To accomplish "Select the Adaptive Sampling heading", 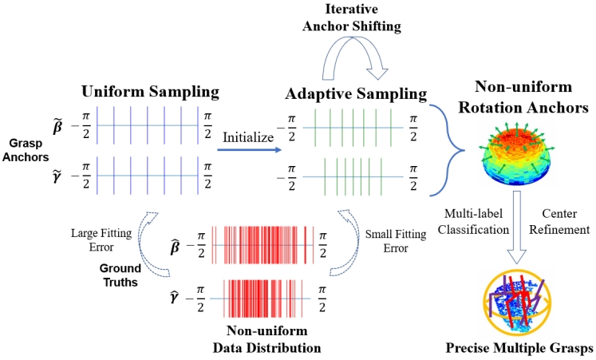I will click(x=356, y=93).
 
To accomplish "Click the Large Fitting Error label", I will click(x=102, y=239).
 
